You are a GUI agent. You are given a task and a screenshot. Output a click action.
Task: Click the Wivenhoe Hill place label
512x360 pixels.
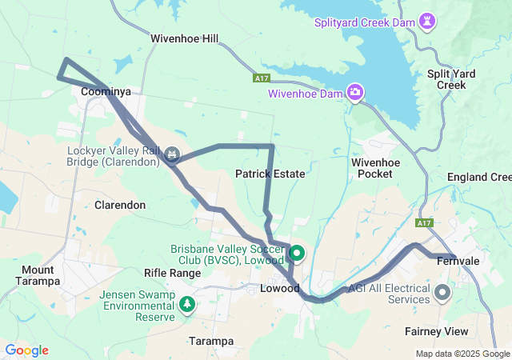[x=184, y=38]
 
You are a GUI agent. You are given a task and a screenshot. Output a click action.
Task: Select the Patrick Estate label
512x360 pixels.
[x=270, y=173]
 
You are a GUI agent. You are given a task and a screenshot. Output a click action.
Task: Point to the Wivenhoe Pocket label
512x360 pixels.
[x=375, y=167]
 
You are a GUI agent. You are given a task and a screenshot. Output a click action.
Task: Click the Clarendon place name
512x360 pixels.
[x=120, y=205]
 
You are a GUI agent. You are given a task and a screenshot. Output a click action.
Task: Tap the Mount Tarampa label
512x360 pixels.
[x=38, y=275]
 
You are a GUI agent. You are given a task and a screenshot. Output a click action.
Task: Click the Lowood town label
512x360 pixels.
[x=280, y=288]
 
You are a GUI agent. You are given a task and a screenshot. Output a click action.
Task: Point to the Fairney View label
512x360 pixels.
[x=457, y=331]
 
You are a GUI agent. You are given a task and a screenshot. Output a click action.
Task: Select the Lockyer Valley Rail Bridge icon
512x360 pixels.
[x=172, y=152]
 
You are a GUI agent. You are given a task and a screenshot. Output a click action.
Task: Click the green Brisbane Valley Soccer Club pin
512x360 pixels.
[x=298, y=254]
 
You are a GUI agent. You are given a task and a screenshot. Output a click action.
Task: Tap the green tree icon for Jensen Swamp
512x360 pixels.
[x=187, y=304]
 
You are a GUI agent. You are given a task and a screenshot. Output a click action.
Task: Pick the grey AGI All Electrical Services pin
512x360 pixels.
[x=443, y=293]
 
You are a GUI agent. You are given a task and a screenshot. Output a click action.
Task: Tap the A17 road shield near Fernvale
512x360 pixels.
[x=425, y=222]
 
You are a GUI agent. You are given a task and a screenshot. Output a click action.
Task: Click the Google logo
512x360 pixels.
[x=26, y=350]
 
